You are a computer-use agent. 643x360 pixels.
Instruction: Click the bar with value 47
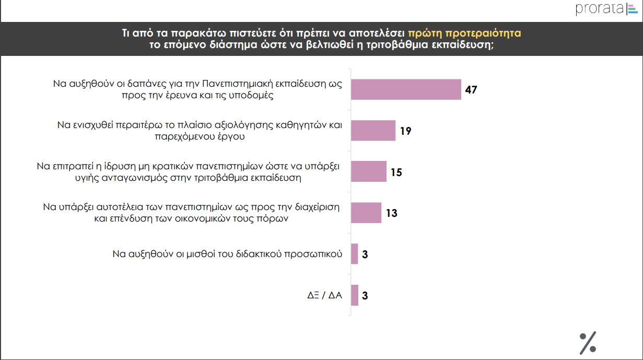(406, 89)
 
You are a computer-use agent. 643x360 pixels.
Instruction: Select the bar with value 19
(373, 131)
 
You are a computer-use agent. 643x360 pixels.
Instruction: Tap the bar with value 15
(368, 171)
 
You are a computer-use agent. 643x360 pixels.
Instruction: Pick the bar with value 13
(366, 213)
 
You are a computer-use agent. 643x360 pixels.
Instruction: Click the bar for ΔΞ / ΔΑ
(355, 295)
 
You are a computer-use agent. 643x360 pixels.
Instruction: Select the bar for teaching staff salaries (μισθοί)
(355, 254)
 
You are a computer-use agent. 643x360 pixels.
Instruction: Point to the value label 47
(471, 90)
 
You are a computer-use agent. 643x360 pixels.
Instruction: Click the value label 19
(405, 131)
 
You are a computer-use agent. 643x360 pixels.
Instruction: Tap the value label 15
(396, 172)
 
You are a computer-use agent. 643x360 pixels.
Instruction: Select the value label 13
(391, 213)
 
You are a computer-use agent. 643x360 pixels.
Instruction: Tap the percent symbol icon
(588, 342)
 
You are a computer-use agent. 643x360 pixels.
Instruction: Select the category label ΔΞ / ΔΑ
(324, 295)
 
